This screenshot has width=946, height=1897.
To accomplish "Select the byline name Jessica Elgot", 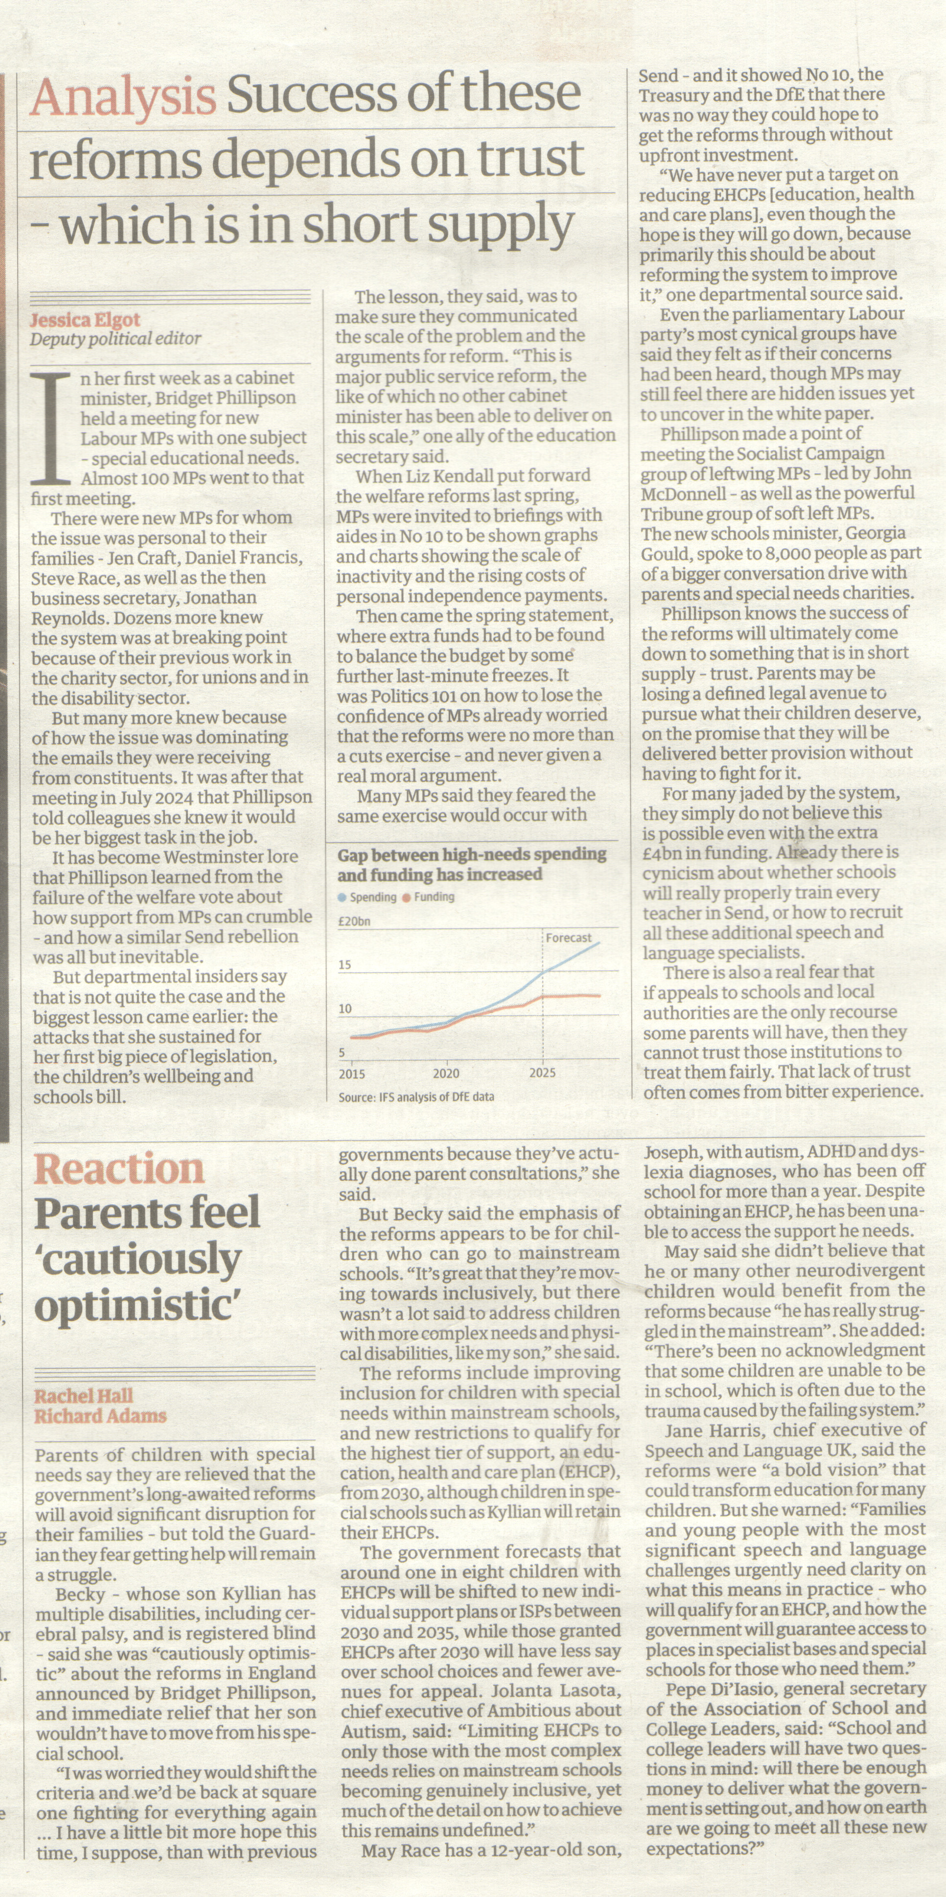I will pyautogui.click(x=85, y=320).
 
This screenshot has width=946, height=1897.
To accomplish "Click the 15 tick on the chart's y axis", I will pyautogui.click(x=345, y=965).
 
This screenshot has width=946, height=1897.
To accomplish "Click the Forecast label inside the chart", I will pyautogui.click(x=568, y=937).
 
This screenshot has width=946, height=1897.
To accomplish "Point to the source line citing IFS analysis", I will pyautogui.click(x=416, y=1097).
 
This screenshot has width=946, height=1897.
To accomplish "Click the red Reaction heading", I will pyautogui.click(x=118, y=1169).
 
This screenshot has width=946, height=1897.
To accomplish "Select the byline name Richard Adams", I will pyautogui.click(x=100, y=1415).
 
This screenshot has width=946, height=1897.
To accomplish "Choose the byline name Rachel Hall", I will pyautogui.click(x=84, y=1396).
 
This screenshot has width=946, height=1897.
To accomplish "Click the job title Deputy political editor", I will pyautogui.click(x=115, y=339).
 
